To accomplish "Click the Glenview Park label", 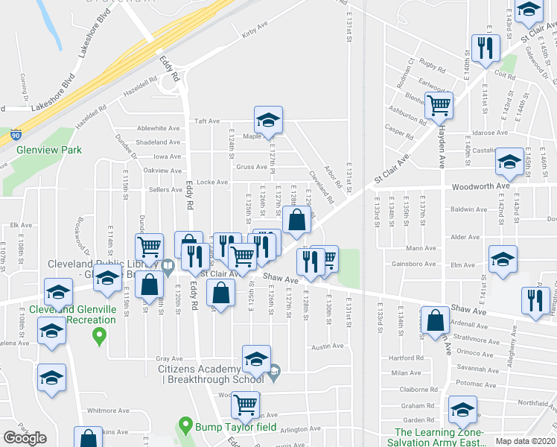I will pos(49,149).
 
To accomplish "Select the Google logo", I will pos(25,438).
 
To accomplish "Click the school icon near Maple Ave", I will pos(268,119).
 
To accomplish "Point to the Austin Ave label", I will pos(328,346).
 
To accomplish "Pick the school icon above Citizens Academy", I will pos(256,358).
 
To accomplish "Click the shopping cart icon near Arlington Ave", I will pos(245,405).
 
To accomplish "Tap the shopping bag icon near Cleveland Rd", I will pos(296,219).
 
